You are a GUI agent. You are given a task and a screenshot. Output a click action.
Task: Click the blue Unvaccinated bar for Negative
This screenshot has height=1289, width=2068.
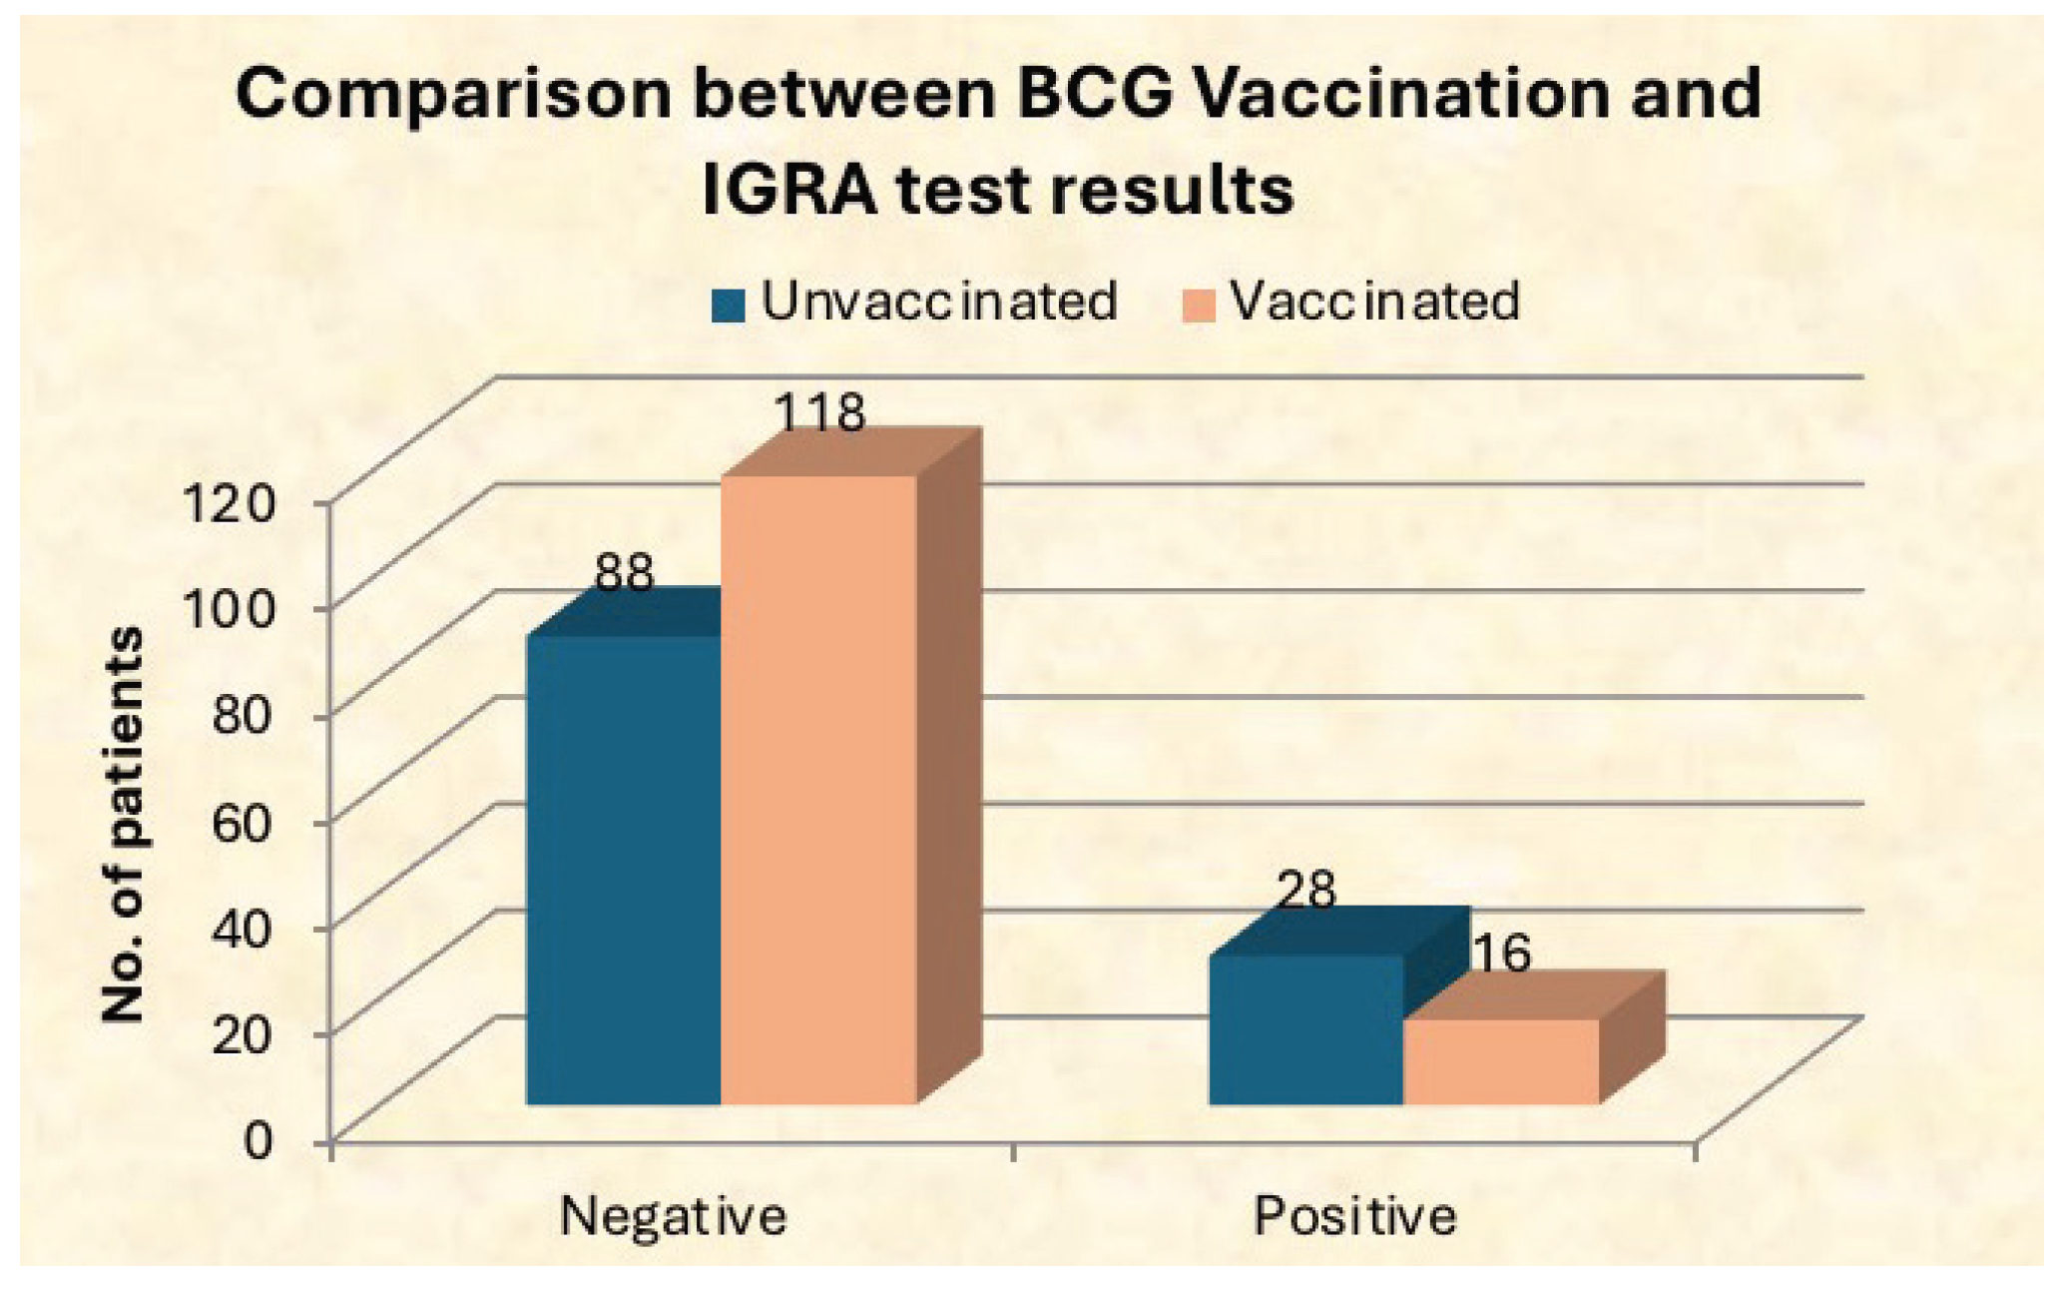click(623, 869)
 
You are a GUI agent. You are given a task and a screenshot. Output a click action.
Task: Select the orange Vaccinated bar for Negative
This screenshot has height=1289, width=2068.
click(818, 789)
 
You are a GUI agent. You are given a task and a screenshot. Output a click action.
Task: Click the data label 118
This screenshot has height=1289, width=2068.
click(820, 411)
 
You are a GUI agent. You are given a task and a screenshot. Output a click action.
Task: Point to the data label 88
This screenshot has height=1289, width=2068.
click(624, 574)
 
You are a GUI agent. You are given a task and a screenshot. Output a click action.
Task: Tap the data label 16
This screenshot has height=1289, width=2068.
click(1501, 954)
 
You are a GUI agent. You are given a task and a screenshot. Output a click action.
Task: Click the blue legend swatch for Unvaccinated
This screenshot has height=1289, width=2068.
click(729, 306)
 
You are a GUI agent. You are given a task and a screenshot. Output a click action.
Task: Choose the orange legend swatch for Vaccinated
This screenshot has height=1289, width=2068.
click(1200, 306)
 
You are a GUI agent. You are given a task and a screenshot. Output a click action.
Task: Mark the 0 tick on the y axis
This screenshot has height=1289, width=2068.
click(258, 1140)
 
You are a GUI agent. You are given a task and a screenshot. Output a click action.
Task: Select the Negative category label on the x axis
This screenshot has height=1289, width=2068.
click(673, 1216)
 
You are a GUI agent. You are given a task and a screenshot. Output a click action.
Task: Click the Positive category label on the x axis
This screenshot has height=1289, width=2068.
click(1354, 1216)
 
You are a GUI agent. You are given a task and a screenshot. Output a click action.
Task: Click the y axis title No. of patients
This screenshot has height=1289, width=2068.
click(124, 824)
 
